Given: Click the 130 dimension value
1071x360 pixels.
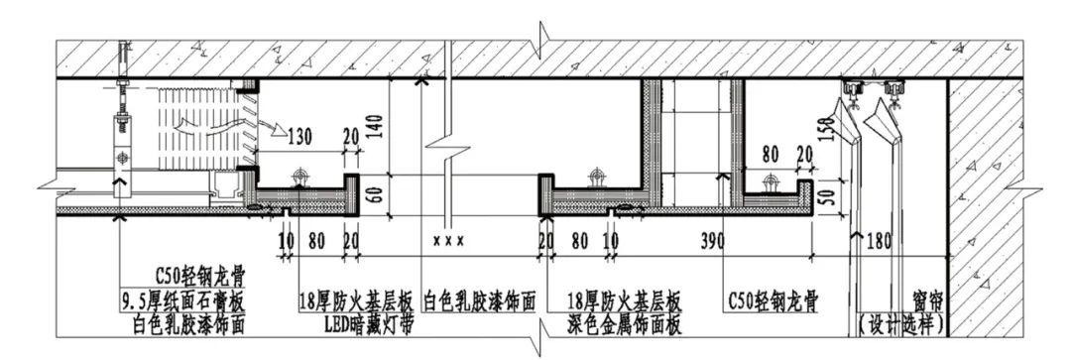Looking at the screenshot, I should [300, 137].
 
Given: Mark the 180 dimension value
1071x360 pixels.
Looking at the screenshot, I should [879, 241].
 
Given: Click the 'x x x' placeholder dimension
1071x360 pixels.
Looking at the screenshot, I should [448, 241].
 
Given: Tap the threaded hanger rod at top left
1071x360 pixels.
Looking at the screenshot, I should [122, 89].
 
